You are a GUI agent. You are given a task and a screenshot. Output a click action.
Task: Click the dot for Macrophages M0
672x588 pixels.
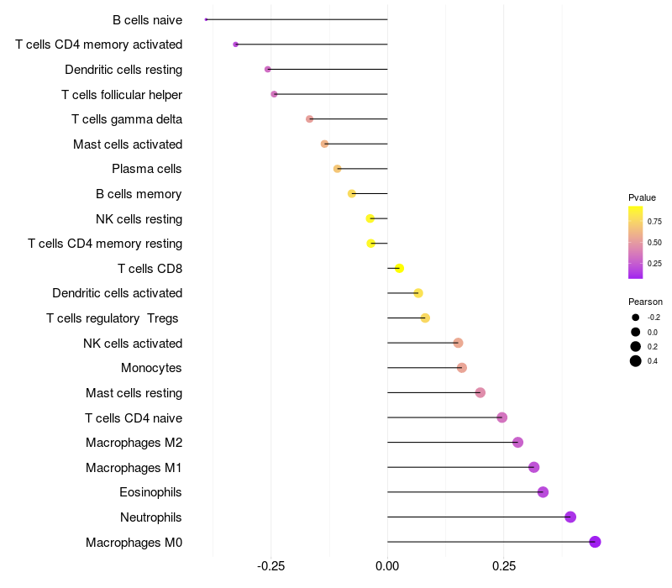(x=595, y=542)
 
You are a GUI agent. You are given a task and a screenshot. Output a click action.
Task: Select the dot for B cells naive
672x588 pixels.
(x=206, y=19)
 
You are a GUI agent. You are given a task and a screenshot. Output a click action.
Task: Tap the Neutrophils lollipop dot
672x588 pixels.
(x=570, y=517)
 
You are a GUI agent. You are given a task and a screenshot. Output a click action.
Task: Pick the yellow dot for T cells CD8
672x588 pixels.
(x=400, y=268)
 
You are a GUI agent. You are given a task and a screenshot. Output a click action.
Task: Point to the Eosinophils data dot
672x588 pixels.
(x=543, y=492)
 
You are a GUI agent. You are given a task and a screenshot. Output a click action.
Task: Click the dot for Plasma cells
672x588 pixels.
(x=338, y=169)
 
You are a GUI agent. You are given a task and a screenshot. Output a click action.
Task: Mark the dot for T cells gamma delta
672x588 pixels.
(x=310, y=119)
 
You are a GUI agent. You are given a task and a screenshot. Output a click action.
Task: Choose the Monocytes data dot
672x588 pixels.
(x=461, y=368)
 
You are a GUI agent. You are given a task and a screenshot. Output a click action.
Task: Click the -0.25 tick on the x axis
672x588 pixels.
(x=270, y=567)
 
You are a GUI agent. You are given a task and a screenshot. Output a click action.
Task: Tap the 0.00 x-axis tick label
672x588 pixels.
(x=387, y=567)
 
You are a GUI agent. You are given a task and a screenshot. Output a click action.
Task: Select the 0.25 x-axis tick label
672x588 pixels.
(x=504, y=567)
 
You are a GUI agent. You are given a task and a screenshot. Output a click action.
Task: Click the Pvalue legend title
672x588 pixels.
(x=642, y=197)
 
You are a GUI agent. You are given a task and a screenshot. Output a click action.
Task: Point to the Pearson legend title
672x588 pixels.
(x=645, y=302)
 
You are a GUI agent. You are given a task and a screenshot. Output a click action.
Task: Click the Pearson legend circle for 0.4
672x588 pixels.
(x=636, y=361)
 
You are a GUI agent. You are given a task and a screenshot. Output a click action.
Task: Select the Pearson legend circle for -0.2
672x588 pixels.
(x=636, y=318)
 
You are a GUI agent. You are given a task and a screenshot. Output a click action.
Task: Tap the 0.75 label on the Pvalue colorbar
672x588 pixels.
(x=654, y=222)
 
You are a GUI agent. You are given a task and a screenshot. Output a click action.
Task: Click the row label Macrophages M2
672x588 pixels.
(x=134, y=443)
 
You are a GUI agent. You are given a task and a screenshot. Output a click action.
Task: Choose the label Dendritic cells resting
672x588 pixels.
(x=123, y=70)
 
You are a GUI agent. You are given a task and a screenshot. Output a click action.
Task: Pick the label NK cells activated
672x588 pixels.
(x=133, y=344)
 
